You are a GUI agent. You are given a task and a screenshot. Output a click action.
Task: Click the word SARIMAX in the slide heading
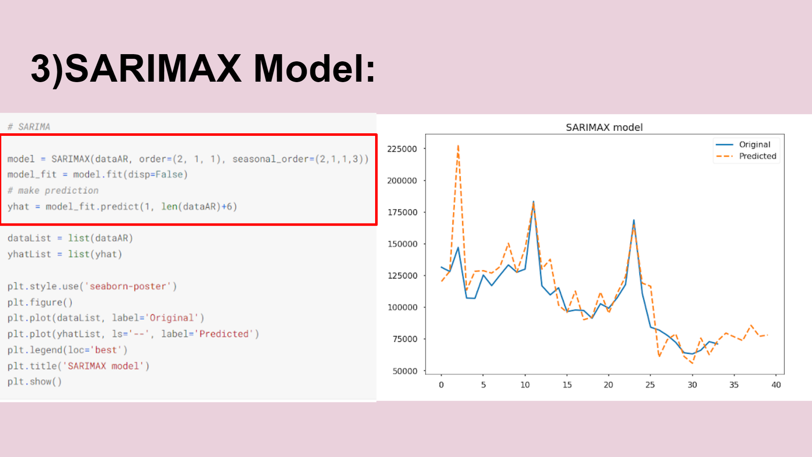click(x=153, y=69)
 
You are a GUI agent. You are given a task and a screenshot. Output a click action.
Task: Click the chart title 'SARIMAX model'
click(x=604, y=127)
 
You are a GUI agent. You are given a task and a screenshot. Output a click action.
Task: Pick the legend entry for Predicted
click(x=746, y=156)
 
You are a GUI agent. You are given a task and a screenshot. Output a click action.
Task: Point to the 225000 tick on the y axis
click(x=402, y=149)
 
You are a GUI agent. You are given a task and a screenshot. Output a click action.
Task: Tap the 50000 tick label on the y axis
click(x=405, y=371)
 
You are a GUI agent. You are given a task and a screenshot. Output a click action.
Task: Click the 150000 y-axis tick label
click(x=402, y=244)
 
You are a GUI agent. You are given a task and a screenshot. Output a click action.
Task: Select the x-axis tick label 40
click(x=776, y=385)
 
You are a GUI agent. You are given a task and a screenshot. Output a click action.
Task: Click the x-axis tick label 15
click(x=567, y=385)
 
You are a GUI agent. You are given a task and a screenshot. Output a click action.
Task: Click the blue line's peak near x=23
click(x=634, y=220)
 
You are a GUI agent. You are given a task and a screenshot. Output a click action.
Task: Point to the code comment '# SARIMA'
click(x=29, y=127)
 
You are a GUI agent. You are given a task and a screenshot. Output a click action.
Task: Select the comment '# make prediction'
click(x=53, y=190)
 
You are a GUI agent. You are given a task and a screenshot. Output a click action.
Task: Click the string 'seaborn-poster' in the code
click(x=128, y=286)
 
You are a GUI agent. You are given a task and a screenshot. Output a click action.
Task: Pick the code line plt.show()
click(x=35, y=382)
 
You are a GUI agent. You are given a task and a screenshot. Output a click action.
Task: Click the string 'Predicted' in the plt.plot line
click(x=224, y=334)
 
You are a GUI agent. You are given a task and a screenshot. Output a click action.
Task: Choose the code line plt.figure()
click(x=40, y=303)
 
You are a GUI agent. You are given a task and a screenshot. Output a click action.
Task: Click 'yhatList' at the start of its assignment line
click(x=29, y=254)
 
